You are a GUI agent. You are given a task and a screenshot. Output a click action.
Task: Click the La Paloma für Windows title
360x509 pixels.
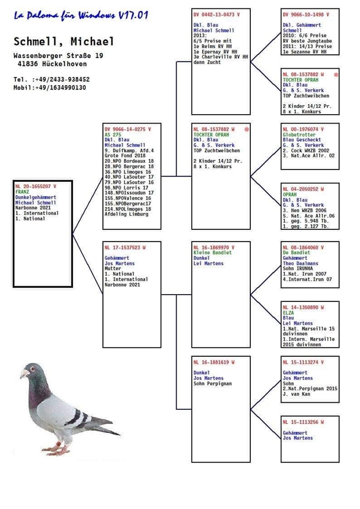point(81,16)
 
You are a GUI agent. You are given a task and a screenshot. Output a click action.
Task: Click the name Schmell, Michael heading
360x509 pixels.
point(64,42)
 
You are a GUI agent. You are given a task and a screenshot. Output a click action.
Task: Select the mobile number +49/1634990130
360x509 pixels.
point(60,88)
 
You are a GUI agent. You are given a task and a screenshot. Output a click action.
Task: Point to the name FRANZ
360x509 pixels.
point(23,192)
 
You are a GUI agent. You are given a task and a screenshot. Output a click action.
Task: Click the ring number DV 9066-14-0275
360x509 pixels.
point(127,129)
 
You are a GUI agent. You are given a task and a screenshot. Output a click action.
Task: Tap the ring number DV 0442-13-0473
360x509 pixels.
point(217,14)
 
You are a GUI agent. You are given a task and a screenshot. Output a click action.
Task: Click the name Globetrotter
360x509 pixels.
point(300,135)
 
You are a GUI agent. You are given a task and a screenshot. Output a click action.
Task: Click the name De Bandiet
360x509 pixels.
point(296,253)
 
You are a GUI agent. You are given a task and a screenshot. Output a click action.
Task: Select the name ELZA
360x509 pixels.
point(289,312)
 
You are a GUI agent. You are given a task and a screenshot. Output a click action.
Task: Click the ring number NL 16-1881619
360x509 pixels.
point(214,362)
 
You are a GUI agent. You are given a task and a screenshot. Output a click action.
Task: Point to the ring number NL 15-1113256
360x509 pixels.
point(303,422)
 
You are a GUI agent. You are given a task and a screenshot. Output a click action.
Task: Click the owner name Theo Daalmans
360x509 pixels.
point(301,264)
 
